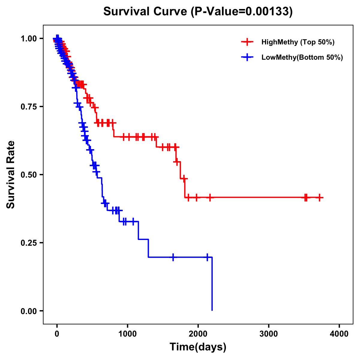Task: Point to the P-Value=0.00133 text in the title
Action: click(x=242, y=12)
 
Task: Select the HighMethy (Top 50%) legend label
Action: click(x=298, y=42)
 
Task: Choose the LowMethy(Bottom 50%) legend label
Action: click(x=302, y=57)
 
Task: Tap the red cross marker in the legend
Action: click(x=247, y=42)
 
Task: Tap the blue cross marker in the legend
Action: click(x=247, y=57)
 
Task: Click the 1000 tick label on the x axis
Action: click(x=127, y=334)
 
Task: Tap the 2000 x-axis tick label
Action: click(x=198, y=334)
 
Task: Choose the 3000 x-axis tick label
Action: click(x=268, y=334)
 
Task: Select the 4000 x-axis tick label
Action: click(x=339, y=334)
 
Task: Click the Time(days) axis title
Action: click(x=198, y=347)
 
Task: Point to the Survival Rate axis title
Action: click(x=11, y=175)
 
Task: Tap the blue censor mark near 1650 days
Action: click(x=173, y=257)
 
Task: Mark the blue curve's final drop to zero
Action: click(x=212, y=285)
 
